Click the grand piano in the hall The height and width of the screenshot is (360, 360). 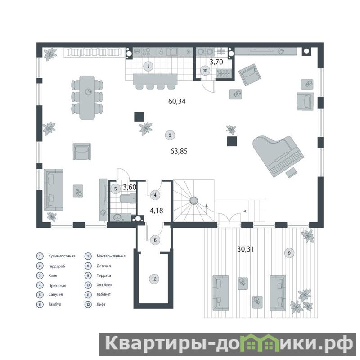(278, 156)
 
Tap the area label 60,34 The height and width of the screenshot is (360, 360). (177, 101)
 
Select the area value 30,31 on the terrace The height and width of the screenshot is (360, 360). (245, 249)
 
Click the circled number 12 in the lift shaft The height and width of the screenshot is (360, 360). (154, 279)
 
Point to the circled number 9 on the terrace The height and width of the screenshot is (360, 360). (289, 253)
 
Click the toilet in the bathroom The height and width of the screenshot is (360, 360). (128, 198)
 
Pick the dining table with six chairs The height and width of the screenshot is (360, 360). (87, 97)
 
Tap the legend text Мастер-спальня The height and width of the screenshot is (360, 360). (111, 256)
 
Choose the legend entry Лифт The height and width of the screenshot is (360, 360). (101, 305)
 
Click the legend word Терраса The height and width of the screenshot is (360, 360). (104, 275)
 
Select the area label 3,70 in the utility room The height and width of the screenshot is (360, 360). (216, 62)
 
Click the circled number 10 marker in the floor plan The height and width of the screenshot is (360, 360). (205, 71)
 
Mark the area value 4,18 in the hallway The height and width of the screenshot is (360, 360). (156, 211)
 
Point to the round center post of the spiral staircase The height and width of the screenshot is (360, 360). (193, 200)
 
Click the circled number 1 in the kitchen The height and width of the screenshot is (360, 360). (148, 66)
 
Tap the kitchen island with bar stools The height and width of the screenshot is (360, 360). (155, 81)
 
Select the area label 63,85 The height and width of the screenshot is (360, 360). (179, 151)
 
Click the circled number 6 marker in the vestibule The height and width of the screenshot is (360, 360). (155, 240)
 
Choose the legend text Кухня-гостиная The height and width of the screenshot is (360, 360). (62, 256)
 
